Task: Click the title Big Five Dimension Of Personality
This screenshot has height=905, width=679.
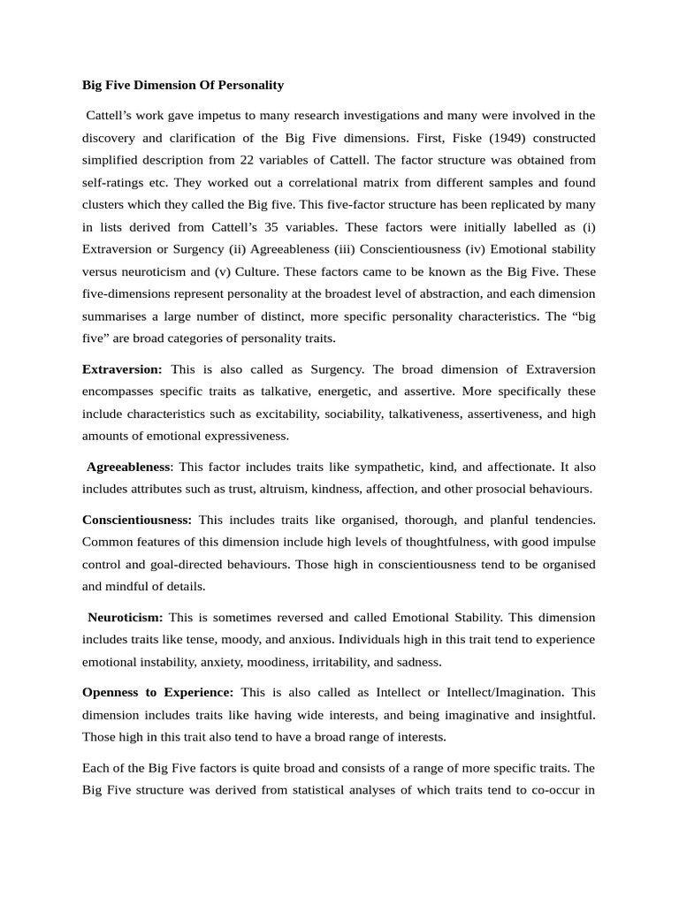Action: [183, 85]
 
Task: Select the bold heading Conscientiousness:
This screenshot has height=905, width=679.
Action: [136, 520]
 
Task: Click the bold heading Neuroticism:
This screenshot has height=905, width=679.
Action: [125, 617]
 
